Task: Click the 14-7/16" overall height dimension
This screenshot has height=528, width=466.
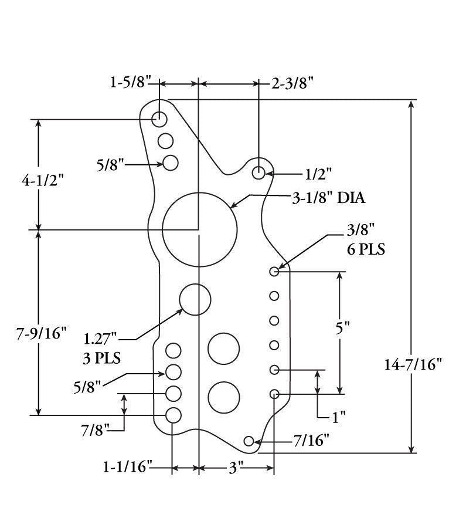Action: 413,364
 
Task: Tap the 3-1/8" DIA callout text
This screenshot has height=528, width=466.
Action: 328,198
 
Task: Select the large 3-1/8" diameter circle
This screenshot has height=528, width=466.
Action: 200,229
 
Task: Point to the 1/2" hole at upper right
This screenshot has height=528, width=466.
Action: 258,172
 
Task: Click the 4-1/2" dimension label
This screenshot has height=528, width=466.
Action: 42,181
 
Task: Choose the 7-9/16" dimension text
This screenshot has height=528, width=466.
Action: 41,334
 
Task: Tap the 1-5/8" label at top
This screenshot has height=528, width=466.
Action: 128,82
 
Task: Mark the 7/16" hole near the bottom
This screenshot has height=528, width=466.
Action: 249,441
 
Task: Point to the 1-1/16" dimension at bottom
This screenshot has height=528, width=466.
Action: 128,468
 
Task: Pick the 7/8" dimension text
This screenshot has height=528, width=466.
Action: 96,430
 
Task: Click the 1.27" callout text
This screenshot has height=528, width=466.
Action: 101,339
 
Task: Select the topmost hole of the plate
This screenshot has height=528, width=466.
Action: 159,119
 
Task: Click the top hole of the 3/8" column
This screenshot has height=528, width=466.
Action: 274,271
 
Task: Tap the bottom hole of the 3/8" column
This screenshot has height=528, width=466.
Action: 274,394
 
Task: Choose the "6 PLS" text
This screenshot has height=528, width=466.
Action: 366,249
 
